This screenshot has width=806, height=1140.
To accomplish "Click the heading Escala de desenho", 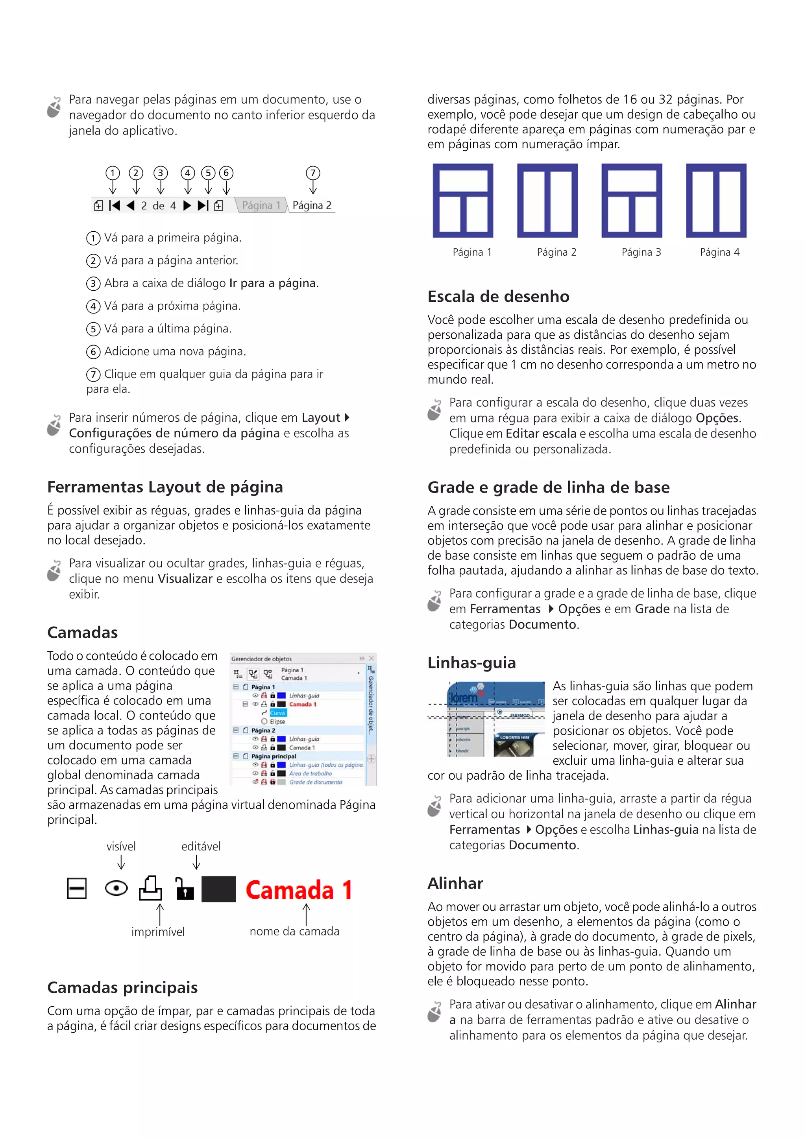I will click(498, 297).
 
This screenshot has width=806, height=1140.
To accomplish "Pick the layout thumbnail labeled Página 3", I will click(631, 201).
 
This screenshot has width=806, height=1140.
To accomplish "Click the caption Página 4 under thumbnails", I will click(719, 252).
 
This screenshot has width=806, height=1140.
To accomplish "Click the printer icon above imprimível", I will click(150, 888).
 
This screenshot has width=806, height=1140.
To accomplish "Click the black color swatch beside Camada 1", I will click(218, 889).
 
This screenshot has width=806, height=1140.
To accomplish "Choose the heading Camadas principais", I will click(122, 988).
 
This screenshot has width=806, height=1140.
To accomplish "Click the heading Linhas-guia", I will click(471, 663).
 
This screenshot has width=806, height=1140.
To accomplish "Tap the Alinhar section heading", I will click(455, 883).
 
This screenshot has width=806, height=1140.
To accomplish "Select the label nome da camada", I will click(294, 932).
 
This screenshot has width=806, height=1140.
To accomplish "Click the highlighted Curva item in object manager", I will click(277, 713).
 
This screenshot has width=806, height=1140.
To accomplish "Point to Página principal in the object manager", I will click(273, 756).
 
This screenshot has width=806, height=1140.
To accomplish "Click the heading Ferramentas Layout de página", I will click(165, 487).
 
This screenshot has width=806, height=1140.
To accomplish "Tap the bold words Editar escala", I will click(541, 433).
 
